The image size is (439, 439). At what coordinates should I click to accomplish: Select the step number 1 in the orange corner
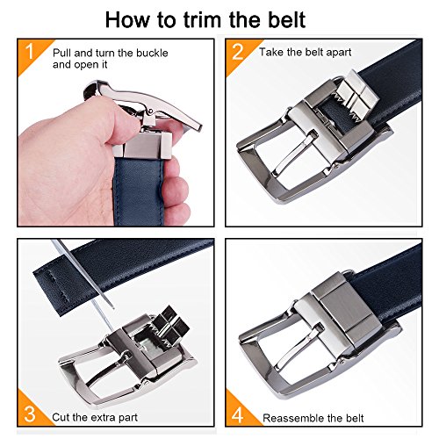pyautogui.click(x=29, y=52)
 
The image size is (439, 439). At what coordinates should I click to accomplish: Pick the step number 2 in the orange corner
pyautogui.click(x=238, y=52)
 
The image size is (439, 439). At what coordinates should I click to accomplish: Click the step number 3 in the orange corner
pyautogui.click(x=30, y=414)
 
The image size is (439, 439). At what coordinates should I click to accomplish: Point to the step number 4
pyautogui.click(x=237, y=414)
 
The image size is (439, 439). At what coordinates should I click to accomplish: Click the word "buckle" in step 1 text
pyautogui.click(x=152, y=53)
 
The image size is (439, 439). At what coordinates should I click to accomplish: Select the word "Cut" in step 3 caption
pyautogui.click(x=61, y=417)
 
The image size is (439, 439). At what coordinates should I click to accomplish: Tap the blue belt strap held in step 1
pyautogui.click(x=138, y=191)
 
